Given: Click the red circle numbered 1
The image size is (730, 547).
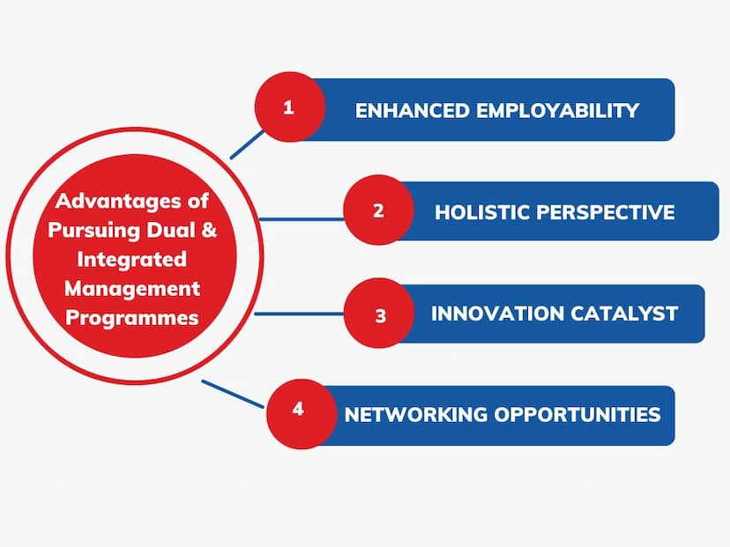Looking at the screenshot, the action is pyautogui.click(x=289, y=107).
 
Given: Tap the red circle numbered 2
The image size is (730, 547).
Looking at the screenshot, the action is pyautogui.click(x=378, y=210).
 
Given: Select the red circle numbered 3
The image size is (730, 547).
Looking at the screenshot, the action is pyautogui.click(x=379, y=313).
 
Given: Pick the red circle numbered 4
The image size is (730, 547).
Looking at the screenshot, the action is pyautogui.click(x=302, y=414).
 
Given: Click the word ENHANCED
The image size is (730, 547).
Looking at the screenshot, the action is pyautogui.click(x=412, y=111).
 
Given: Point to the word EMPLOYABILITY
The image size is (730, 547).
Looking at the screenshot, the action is pyautogui.click(x=558, y=111).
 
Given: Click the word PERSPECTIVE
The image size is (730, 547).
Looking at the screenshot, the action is pyautogui.click(x=606, y=212).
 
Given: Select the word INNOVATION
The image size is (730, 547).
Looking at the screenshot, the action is pyautogui.click(x=497, y=314).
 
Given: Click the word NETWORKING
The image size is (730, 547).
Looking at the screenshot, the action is pyautogui.click(x=415, y=415).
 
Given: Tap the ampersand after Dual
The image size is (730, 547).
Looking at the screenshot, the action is pyautogui.click(x=210, y=230).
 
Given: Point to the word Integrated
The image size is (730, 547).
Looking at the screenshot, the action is pyautogui.click(x=132, y=260).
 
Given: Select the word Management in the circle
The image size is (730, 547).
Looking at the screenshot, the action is pyautogui.click(x=132, y=289).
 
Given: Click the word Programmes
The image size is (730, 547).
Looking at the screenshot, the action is pyautogui.click(x=132, y=318).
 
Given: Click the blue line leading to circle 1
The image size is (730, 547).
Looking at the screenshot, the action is pyautogui.click(x=247, y=144).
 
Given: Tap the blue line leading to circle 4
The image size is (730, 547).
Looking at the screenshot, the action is pyautogui.click(x=233, y=394).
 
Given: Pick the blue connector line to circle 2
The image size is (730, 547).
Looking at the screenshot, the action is pyautogui.click(x=302, y=218).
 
